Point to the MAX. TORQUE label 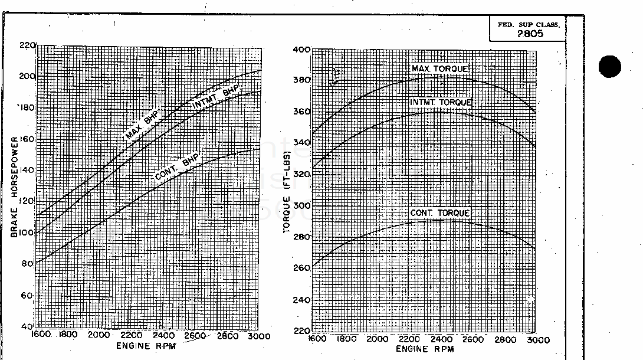click(441, 70)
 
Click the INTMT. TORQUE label click(441, 103)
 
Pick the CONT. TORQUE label click(441, 213)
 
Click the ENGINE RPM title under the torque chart click(425, 349)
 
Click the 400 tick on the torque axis click(301, 50)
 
